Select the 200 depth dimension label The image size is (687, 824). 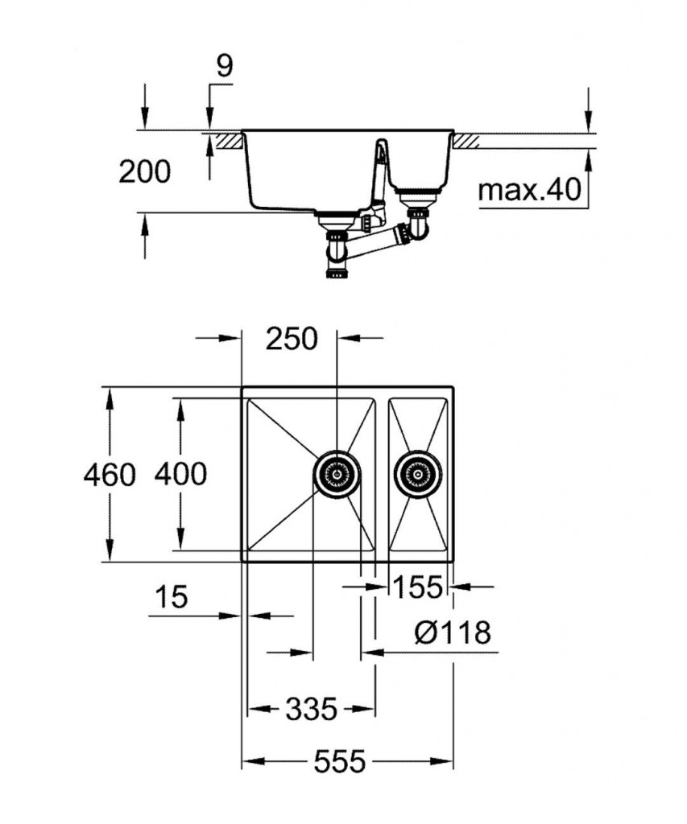tap(145, 171)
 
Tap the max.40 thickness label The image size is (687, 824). tap(529, 191)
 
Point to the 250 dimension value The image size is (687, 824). tap(292, 340)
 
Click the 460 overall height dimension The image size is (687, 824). tap(110, 475)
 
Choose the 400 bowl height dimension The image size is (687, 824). tap(180, 474)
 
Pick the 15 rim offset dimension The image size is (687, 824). tap(170, 597)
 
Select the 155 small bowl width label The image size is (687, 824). tap(419, 588)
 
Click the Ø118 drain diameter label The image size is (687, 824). tap(453, 633)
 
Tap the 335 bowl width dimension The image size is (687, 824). tap(311, 709)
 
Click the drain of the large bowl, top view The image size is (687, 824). tap(338, 475)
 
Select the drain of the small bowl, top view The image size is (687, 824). tap(418, 475)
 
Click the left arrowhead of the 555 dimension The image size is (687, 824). tap(249, 760)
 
